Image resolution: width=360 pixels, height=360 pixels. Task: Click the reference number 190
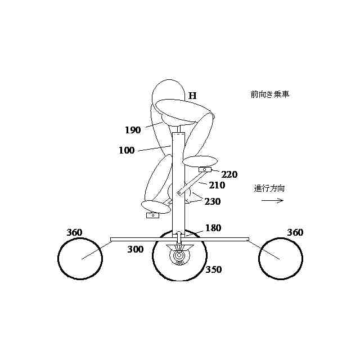tap(133, 130)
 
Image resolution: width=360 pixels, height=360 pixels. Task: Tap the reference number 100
tap(127, 151)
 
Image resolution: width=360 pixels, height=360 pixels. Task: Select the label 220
tap(229, 174)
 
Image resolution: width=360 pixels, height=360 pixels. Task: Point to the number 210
tap(217, 185)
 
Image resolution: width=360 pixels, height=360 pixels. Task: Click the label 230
tap(213, 201)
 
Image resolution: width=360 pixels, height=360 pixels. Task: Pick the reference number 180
tap(213, 228)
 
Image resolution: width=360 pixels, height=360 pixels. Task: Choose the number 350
tap(213, 269)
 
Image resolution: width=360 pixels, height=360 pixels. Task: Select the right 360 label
tap(295, 232)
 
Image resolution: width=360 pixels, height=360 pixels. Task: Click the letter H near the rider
tap(192, 96)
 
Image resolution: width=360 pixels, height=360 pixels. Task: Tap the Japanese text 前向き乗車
tap(270, 94)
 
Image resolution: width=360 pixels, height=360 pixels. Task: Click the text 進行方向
tap(269, 188)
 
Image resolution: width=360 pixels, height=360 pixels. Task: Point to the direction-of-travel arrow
tap(272, 201)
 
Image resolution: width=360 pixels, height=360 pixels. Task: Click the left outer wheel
tap(80, 258)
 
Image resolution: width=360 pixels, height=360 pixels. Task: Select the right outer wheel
tap(281, 258)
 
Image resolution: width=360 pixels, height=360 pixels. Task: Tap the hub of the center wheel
tap(179, 256)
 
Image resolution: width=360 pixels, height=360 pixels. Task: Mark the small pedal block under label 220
tap(205, 169)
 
